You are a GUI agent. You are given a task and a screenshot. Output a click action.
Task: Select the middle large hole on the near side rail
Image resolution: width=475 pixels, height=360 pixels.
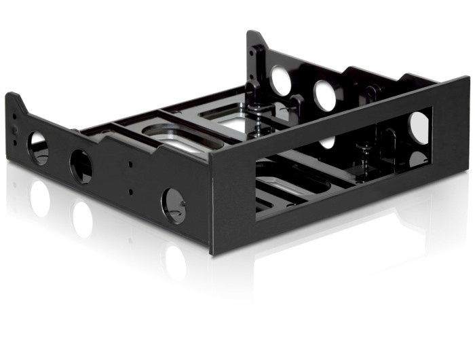tap(81, 166)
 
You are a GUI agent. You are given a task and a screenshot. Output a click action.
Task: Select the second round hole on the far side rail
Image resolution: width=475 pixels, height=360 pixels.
tap(324, 95)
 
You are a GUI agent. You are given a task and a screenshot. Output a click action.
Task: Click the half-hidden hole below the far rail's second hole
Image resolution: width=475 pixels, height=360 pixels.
tap(328, 142)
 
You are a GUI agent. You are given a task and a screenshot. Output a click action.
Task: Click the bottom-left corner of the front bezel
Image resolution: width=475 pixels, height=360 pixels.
tap(211, 253)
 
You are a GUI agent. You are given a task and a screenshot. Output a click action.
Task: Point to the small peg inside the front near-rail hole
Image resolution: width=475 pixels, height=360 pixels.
tap(182, 201)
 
